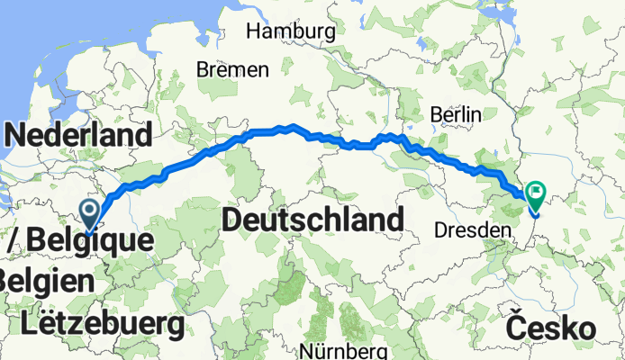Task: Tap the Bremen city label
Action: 233,70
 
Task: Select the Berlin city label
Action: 456,114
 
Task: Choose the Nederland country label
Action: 78,136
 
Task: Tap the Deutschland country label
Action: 312,219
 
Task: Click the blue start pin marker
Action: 91,212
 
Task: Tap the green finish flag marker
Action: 536,192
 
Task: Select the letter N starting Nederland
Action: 17,136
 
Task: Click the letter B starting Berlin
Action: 436,114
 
